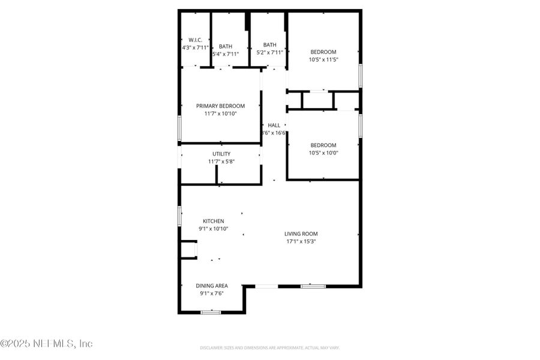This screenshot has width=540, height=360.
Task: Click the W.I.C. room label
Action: [194, 40]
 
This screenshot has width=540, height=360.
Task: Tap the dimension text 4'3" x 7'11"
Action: [196, 47]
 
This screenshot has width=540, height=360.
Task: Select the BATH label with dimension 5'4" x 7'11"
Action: [226, 46]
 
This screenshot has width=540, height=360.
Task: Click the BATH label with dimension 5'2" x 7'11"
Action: [269, 44]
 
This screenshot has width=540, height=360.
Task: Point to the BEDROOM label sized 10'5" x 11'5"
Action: [323, 52]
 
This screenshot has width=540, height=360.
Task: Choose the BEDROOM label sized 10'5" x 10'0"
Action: [323, 145]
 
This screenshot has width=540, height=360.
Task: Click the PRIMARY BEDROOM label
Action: [220, 106]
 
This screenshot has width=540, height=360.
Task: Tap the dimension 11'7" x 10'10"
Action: [220, 113]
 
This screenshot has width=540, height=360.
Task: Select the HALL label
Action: [274, 125]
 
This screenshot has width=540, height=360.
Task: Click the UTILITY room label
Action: [221, 154]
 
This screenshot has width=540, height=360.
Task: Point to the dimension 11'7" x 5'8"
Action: [221, 161]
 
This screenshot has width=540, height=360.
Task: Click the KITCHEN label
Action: [213, 221]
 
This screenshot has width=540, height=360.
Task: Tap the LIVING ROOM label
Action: [301, 234]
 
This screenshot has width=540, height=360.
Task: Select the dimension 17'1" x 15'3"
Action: [301, 241]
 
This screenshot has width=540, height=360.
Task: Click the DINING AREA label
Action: [212, 286]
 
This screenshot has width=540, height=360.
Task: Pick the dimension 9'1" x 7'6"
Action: [212, 293]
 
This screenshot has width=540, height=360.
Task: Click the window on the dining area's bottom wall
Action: [211, 311]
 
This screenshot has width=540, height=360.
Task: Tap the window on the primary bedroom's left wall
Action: [179, 128]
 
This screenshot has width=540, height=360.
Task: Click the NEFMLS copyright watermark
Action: [47, 344]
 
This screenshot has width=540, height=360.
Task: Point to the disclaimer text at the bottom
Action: [269, 347]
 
